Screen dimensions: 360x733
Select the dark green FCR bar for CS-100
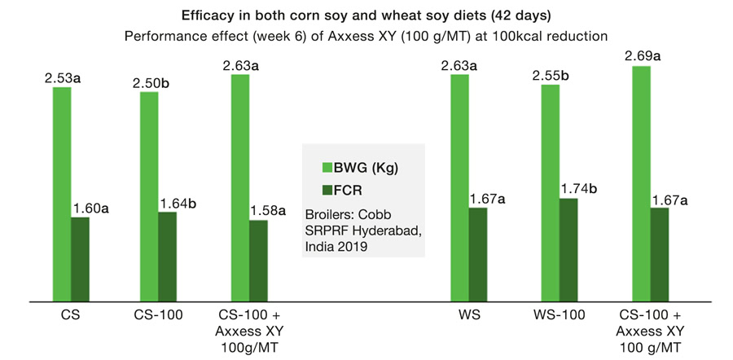click(x=167, y=257)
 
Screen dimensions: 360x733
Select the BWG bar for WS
click(x=459, y=188)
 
